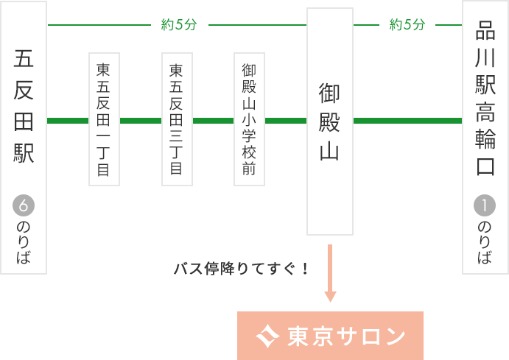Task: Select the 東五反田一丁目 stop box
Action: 104,119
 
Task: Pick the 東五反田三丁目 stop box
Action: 177,119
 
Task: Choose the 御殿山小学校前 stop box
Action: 249,119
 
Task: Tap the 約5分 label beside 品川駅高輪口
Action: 407,25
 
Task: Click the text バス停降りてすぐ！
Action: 241,269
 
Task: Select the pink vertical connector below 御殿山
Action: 330,273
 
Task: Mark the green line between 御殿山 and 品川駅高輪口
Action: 407,120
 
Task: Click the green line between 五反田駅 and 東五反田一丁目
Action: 68,120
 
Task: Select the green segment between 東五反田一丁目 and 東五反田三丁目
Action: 140,120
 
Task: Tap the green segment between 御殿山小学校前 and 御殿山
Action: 285,120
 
